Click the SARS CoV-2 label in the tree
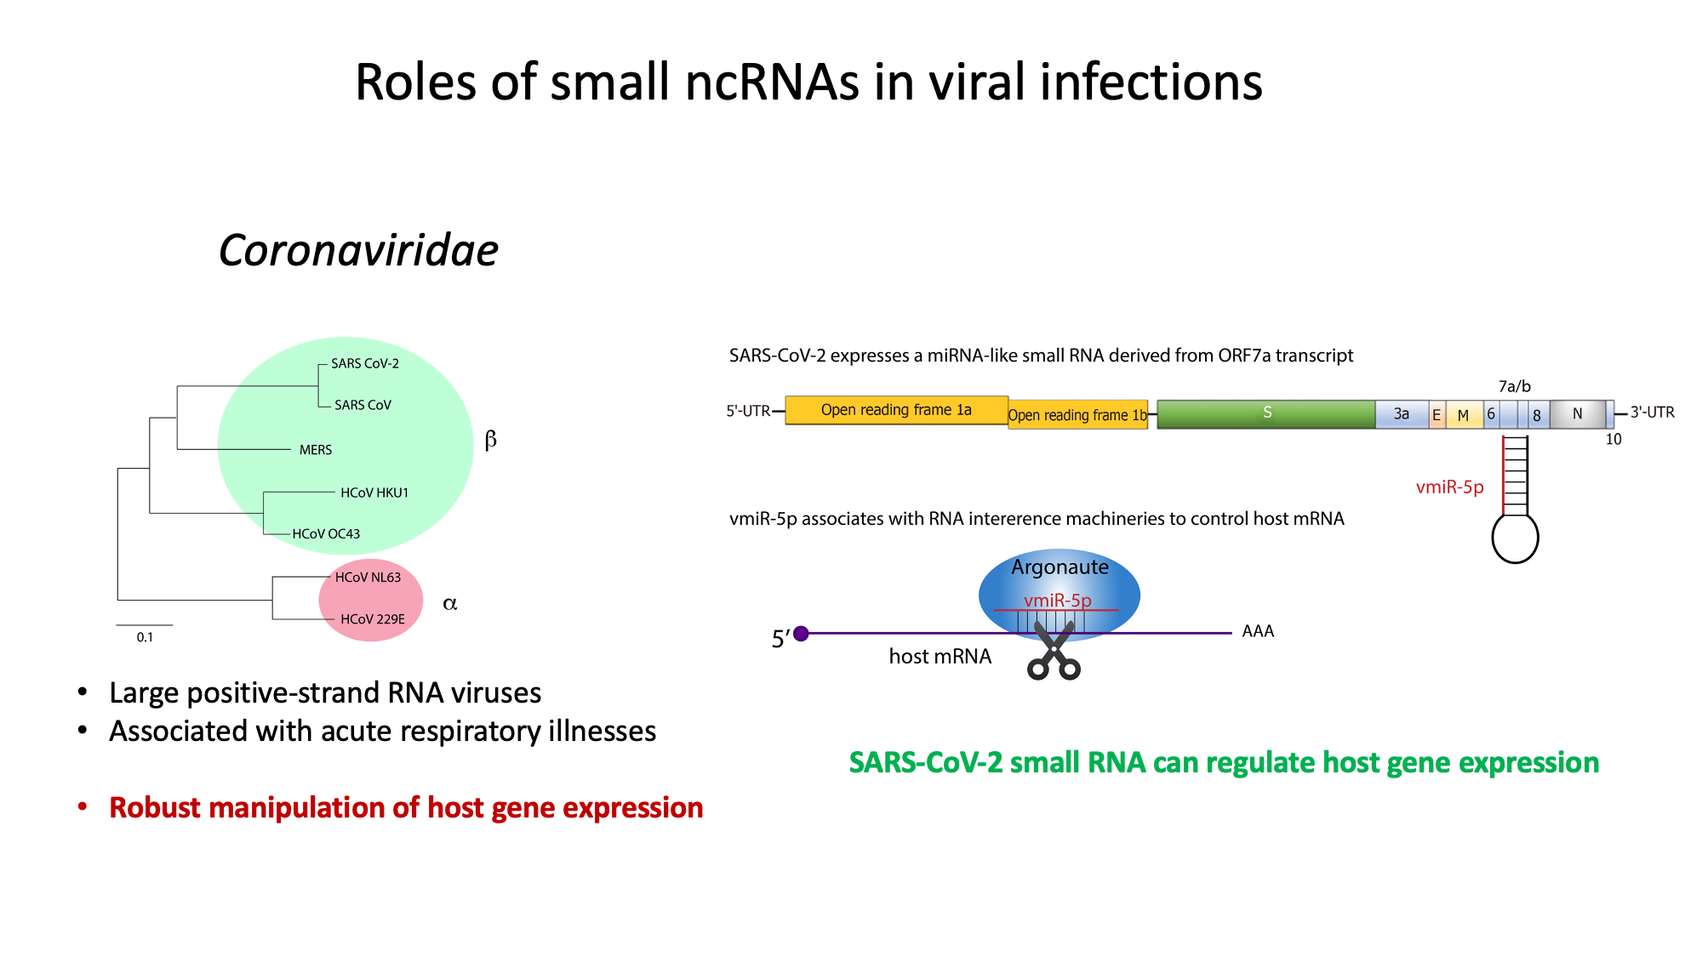[x=364, y=363]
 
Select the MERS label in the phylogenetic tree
[x=315, y=450]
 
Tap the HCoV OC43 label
[x=326, y=534]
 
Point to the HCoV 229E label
[x=373, y=619]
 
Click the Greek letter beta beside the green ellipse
[x=490, y=440]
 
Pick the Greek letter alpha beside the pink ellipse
[x=450, y=604]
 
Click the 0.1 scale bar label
[x=145, y=637]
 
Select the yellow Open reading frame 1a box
[x=896, y=410]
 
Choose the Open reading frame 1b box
[x=1077, y=415]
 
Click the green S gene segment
[x=1266, y=413]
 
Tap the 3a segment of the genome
[x=1401, y=414]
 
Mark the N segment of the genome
[x=1577, y=414]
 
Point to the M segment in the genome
[x=1463, y=415]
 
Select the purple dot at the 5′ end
[x=801, y=634]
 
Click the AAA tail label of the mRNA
[x=1258, y=631]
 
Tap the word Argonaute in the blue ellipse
[x=1059, y=567]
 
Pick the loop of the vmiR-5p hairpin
[x=1515, y=538]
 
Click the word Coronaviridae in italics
[x=358, y=251]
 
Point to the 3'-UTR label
[x=1652, y=413]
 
